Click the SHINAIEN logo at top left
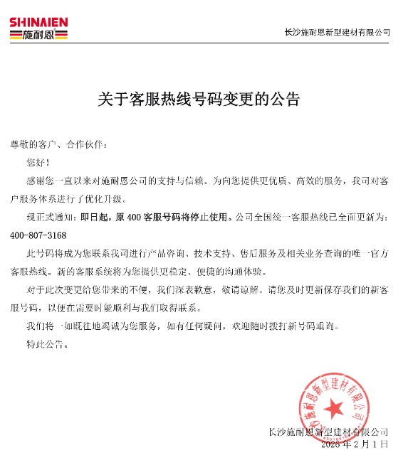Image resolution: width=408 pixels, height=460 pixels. pyautogui.click(x=38, y=28)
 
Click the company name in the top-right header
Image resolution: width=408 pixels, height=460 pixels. pyautogui.click(x=337, y=33)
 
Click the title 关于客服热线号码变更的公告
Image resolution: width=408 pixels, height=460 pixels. pyautogui.click(x=199, y=99)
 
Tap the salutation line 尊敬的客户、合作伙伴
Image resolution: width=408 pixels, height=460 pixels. pyautogui.click(x=58, y=144)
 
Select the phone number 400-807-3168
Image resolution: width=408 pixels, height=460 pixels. pyautogui.click(x=38, y=235)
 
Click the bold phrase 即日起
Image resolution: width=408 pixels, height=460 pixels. pyautogui.click(x=95, y=217)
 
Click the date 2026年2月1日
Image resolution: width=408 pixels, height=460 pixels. pyautogui.click(x=355, y=444)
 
